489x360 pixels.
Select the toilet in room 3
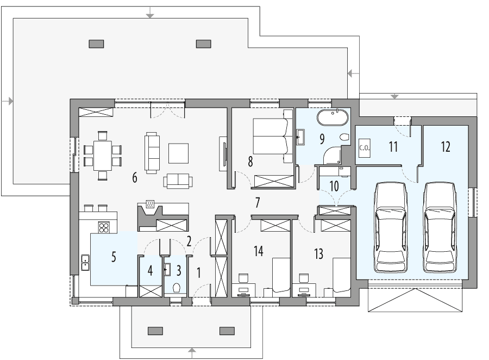point(177,288)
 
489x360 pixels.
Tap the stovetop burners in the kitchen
point(103,226)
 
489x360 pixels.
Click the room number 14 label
point(258,251)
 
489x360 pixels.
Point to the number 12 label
point(446,146)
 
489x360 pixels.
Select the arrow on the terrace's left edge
point(8,101)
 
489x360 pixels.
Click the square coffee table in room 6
point(178,152)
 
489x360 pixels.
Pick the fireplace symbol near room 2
point(149,206)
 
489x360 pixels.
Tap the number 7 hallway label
point(258,202)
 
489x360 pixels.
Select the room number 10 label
point(334,185)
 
